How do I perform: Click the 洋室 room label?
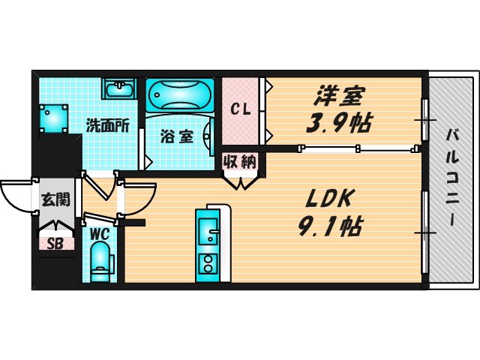pyautogui.click(x=338, y=96)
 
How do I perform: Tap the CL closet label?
pyautogui.click(x=239, y=109)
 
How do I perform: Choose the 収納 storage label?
pyautogui.click(x=240, y=160)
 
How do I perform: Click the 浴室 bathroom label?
pyautogui.click(x=178, y=136)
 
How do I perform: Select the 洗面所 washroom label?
pyautogui.click(x=107, y=124)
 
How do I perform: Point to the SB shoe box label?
pyautogui.click(x=55, y=243)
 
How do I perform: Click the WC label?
pyautogui.click(x=100, y=233)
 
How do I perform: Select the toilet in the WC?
pyautogui.click(x=100, y=264)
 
